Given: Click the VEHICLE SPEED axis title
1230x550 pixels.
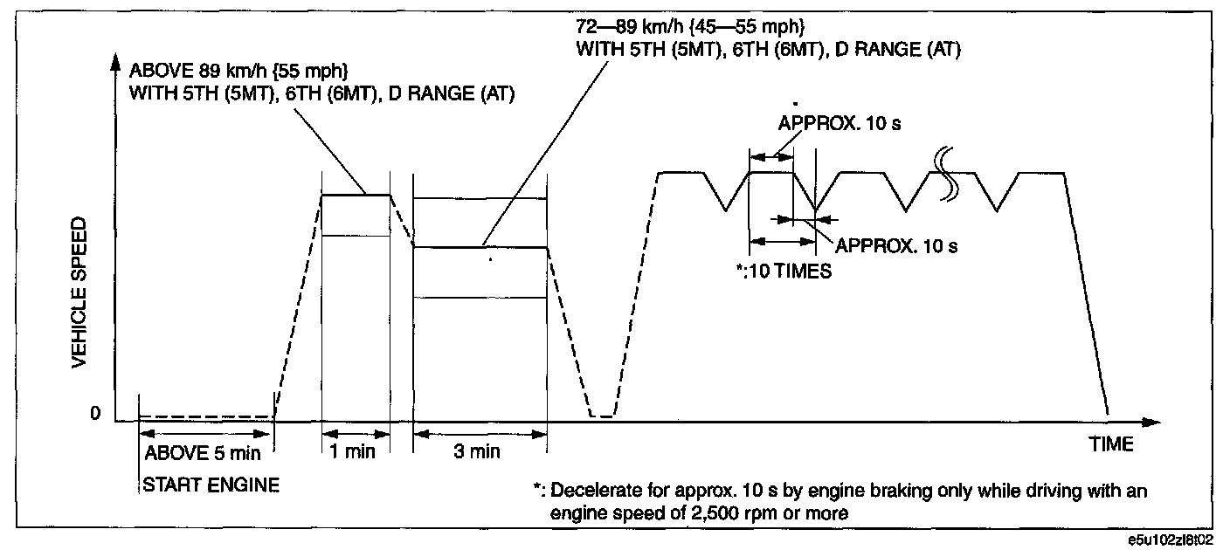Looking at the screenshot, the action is point(79,292).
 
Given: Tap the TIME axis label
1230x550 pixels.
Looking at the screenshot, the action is point(1111,444).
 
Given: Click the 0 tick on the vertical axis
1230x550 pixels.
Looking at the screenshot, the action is point(95,413).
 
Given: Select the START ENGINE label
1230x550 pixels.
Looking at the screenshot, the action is point(211,485).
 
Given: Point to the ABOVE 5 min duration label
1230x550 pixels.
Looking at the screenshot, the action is point(203,453).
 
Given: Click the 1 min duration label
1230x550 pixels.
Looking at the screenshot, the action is point(353,451).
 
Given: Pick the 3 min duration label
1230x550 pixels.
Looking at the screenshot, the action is point(477,451).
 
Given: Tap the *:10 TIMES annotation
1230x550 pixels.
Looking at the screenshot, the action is point(784,272).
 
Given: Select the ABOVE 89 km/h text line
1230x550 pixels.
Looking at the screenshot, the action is point(238,71).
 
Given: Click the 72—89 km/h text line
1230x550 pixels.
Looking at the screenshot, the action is point(690,26).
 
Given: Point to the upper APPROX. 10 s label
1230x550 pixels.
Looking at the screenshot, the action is point(840,123).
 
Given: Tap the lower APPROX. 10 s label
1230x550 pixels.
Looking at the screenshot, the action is point(896,246).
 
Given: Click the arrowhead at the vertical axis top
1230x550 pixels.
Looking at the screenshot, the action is point(115,61).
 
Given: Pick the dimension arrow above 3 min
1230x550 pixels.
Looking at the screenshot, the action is point(480,435).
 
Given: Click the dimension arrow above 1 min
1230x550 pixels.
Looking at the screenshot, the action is point(356,435).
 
